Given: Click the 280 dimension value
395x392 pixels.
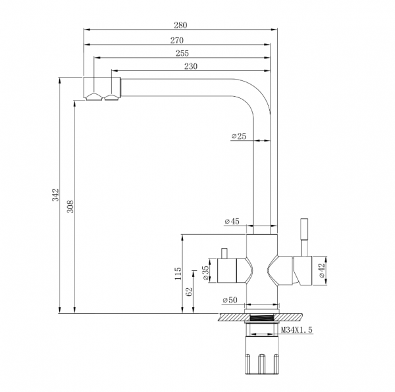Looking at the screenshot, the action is tap(180, 25).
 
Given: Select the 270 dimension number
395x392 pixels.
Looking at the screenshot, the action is tap(177, 40).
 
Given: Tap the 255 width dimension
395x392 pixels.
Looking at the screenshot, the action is tap(182, 53).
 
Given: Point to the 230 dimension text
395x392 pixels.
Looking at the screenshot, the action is tap(191, 66).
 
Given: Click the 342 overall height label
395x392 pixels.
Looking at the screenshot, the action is tap(55, 195).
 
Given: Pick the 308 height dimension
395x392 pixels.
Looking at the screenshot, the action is tap(70, 207).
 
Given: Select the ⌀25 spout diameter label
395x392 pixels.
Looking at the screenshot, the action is tap(239, 136).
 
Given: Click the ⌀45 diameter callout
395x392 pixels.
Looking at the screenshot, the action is tap(232, 222).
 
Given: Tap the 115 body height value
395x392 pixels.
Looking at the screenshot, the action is tap(178, 274).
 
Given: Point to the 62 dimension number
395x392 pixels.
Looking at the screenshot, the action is tap(189, 291).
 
